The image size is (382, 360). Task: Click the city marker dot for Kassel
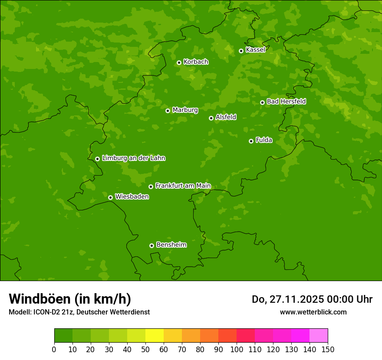(241, 51)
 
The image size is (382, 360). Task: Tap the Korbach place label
(196, 62)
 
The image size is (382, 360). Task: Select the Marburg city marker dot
(168, 111)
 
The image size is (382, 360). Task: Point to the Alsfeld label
(226, 117)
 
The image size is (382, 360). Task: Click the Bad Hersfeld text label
(286, 101)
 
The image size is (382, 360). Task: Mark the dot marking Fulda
(251, 141)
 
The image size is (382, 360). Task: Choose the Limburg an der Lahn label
(133, 158)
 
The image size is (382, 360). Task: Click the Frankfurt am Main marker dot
(151, 187)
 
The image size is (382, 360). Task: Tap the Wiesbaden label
(132, 196)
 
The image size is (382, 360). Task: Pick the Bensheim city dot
(151, 245)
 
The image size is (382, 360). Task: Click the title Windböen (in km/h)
(69, 299)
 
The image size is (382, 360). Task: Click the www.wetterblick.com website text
(313, 312)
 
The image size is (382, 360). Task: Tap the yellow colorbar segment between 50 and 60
(155, 336)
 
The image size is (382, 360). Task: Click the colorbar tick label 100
(237, 349)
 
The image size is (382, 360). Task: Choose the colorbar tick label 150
(328, 349)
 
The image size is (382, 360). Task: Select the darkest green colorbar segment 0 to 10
(63, 336)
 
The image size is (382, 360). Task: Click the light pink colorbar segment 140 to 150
(319, 336)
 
